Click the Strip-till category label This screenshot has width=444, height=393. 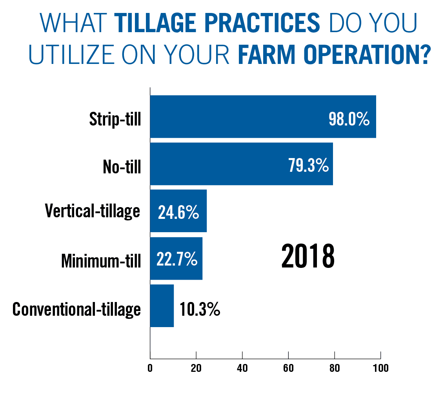tap(115, 119)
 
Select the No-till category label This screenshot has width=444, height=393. tap(122, 166)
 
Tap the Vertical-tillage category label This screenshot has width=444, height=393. tap(93, 211)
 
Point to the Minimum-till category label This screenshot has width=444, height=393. tap(101, 260)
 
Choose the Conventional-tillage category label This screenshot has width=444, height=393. tap(76, 309)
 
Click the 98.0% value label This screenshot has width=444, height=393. tap(349, 119)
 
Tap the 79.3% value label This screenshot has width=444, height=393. tap(309, 165)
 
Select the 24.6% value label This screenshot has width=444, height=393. tap(178, 212)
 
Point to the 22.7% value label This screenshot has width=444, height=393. tap(177, 259)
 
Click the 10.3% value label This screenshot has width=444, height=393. tap(200, 309)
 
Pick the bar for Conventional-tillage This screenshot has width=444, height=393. tap(162, 306)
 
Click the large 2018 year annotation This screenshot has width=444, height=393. tap(308, 257)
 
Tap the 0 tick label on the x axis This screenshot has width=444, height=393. tap(150, 368)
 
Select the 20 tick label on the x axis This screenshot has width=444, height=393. tap(196, 368)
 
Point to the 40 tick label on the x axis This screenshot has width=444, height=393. tap(242, 368)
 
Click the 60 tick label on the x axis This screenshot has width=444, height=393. tap(288, 368)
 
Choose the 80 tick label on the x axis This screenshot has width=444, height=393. tap(335, 368)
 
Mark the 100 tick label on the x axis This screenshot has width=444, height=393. tap(380, 368)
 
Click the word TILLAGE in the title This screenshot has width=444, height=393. tap(155, 23)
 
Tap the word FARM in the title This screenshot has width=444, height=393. tap(266, 55)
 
